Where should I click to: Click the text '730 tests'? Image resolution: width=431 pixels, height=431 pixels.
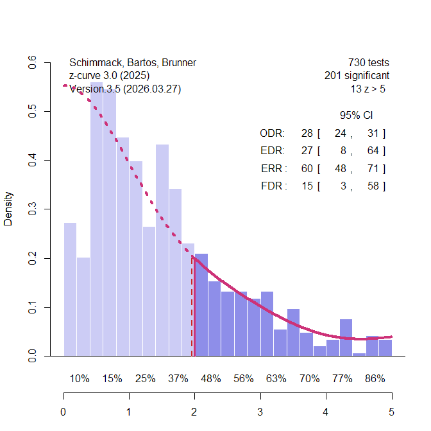click(368, 63)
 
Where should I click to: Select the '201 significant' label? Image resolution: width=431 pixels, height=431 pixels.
click(357, 76)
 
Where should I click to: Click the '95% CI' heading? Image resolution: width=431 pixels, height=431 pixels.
click(356, 116)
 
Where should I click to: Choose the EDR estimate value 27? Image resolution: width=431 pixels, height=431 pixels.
click(307, 151)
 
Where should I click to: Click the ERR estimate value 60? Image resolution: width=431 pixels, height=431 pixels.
click(307, 168)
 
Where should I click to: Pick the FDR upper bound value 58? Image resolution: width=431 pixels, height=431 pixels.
click(373, 186)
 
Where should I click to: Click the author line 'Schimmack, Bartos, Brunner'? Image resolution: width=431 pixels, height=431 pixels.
click(133, 63)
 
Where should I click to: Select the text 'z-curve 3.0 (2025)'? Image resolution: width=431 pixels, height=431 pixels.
click(110, 76)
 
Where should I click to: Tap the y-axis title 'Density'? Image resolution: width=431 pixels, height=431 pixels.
click(8, 209)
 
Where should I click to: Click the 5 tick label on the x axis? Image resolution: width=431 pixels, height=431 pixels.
click(391, 412)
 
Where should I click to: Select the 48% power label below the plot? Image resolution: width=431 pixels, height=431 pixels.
click(210, 379)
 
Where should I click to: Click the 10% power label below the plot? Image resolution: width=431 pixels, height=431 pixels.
click(80, 379)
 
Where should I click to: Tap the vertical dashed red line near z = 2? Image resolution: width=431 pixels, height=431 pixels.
click(192, 308)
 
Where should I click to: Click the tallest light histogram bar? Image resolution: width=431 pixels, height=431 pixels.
click(96, 218)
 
